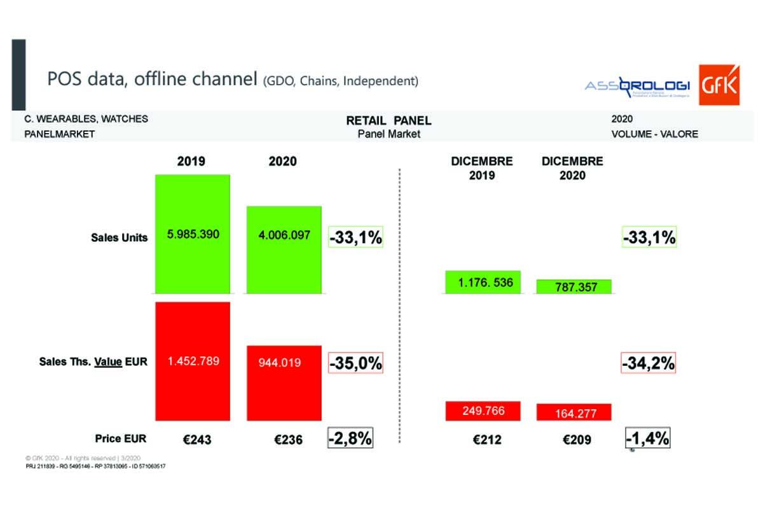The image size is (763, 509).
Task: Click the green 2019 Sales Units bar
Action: (192, 234)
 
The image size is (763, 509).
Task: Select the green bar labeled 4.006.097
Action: (284, 249)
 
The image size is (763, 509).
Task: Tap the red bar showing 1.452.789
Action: (192, 361)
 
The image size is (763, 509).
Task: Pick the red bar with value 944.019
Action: (284, 382)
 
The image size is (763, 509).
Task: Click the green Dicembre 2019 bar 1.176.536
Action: (483, 282)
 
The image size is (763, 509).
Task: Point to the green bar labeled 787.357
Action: (574, 286)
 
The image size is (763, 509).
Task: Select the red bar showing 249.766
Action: (483, 410)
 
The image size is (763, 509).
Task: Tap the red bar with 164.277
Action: (574, 412)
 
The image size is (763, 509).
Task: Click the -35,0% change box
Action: (355, 363)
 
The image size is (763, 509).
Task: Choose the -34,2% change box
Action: (648, 363)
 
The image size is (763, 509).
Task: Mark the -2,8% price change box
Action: (350, 438)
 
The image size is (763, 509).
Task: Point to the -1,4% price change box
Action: (648, 438)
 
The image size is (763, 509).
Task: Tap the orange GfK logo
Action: (719, 85)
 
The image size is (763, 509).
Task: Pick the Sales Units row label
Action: (120, 237)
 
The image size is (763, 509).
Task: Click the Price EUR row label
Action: (121, 438)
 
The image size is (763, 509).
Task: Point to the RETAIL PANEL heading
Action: (388, 120)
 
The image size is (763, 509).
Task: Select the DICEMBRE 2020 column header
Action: (572, 168)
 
